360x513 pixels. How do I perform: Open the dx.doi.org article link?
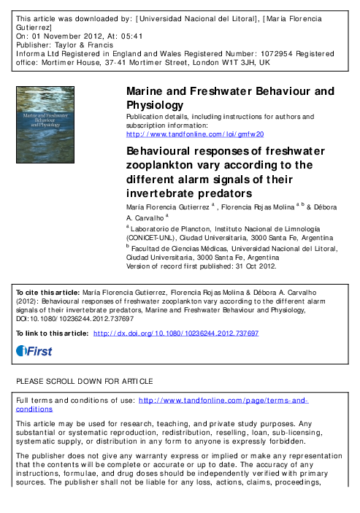177,333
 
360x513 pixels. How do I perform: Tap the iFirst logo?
34,351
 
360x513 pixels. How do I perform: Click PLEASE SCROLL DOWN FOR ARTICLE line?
85,381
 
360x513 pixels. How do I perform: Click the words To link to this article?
53,333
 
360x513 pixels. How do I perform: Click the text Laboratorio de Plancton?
166,228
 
